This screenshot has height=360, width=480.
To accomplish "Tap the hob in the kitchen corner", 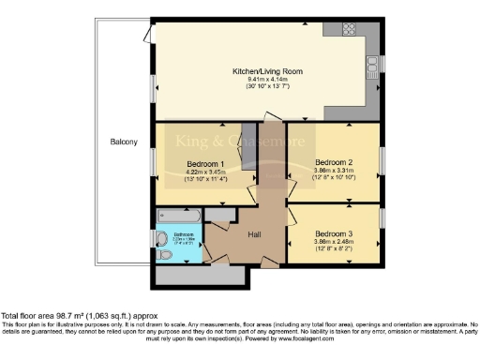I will [x=334, y=30].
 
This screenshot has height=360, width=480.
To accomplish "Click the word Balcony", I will [x=123, y=142].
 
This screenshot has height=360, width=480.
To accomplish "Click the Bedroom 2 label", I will [x=334, y=162].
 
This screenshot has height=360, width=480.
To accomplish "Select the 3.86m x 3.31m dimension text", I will [x=334, y=171].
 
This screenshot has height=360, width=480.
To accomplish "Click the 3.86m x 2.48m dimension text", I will [x=334, y=242].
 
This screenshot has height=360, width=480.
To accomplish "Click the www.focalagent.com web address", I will [x=340, y=337].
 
